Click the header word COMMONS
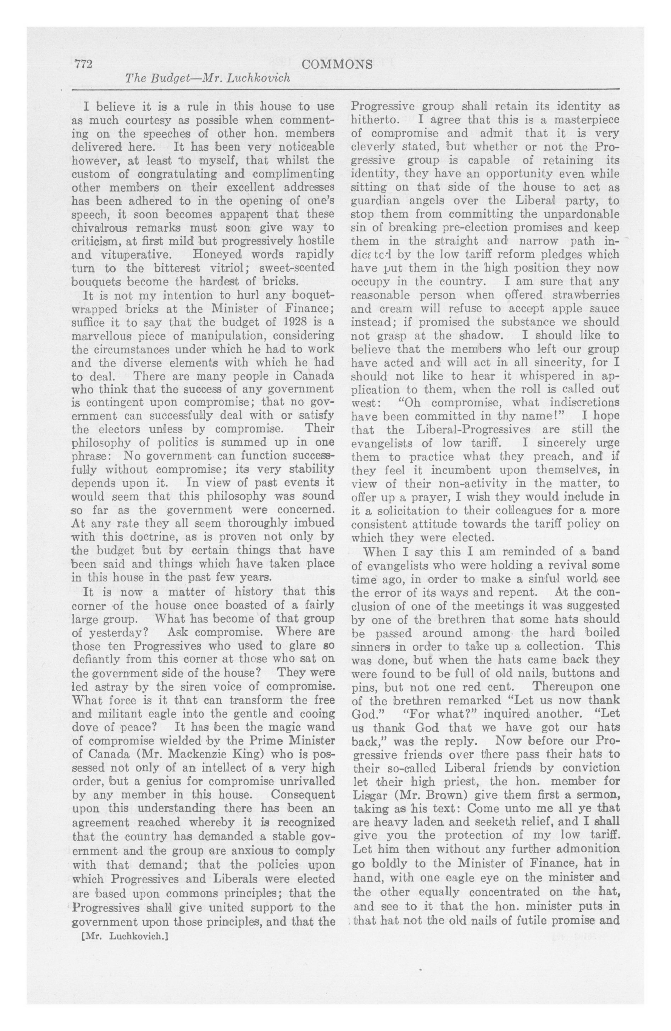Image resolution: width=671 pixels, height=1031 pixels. point(337,65)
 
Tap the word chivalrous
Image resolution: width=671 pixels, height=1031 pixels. point(99,227)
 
